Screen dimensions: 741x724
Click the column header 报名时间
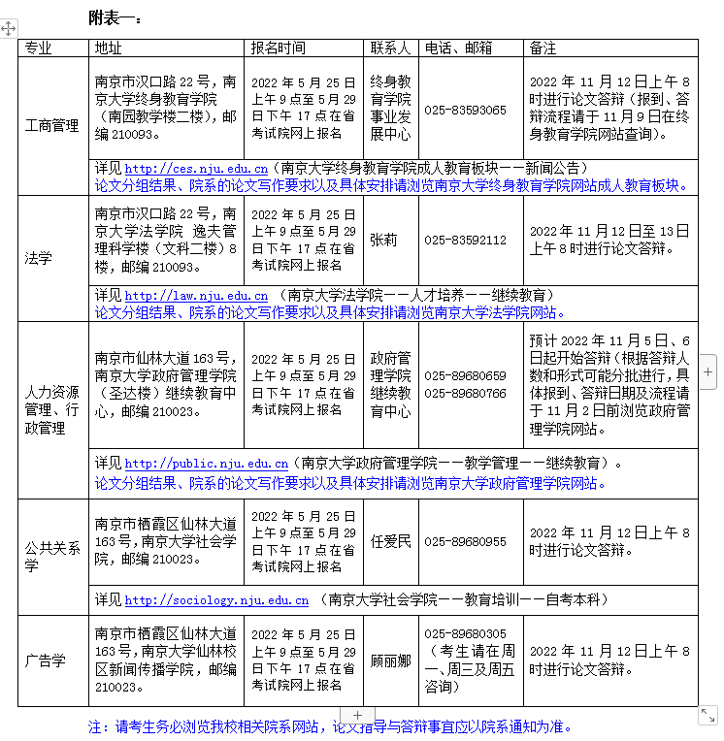pos(278,48)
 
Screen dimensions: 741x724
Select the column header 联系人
pos(390,48)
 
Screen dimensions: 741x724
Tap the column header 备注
pos(543,48)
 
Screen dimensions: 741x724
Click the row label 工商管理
pos(52,126)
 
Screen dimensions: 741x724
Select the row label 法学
pos(39,258)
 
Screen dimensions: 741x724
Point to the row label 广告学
pos(46,661)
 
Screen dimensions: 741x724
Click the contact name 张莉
pos(383,241)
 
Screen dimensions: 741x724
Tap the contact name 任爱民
pos(390,541)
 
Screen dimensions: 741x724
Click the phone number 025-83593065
pos(465,111)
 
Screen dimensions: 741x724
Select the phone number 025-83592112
pos(465,241)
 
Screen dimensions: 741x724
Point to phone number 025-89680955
pos(465,541)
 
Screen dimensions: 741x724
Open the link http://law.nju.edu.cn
pos(196,295)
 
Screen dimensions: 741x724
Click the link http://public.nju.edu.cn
pos(206,464)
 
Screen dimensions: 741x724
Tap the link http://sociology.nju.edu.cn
pos(216,600)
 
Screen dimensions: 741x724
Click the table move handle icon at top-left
pos(9,28)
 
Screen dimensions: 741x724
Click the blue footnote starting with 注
pos(330,725)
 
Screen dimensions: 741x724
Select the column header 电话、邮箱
pos(458,48)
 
